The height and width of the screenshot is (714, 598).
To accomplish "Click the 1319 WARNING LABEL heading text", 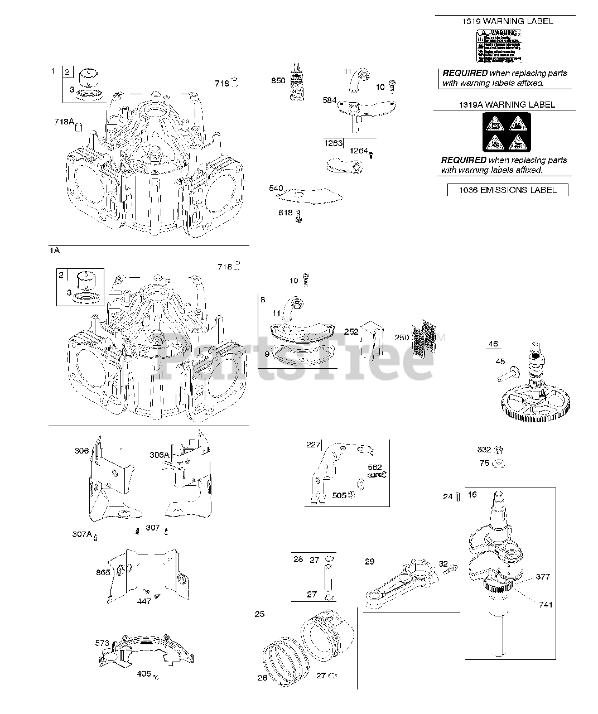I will click(x=508, y=21).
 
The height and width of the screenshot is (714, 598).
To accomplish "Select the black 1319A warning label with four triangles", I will click(x=507, y=132).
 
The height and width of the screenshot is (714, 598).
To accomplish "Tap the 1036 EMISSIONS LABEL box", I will click(x=508, y=190).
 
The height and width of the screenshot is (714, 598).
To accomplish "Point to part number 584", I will click(x=330, y=100).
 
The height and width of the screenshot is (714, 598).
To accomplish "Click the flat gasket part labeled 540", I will click(x=312, y=195).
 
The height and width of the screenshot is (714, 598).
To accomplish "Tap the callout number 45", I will click(x=500, y=361).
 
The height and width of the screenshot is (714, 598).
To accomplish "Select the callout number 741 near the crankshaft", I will click(x=546, y=604).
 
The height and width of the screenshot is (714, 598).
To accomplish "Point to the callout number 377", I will click(x=543, y=576).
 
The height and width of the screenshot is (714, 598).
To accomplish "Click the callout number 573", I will click(x=102, y=643).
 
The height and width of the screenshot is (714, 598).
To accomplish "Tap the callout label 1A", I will click(x=54, y=251).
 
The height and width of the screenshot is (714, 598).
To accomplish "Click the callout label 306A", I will click(x=159, y=455).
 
